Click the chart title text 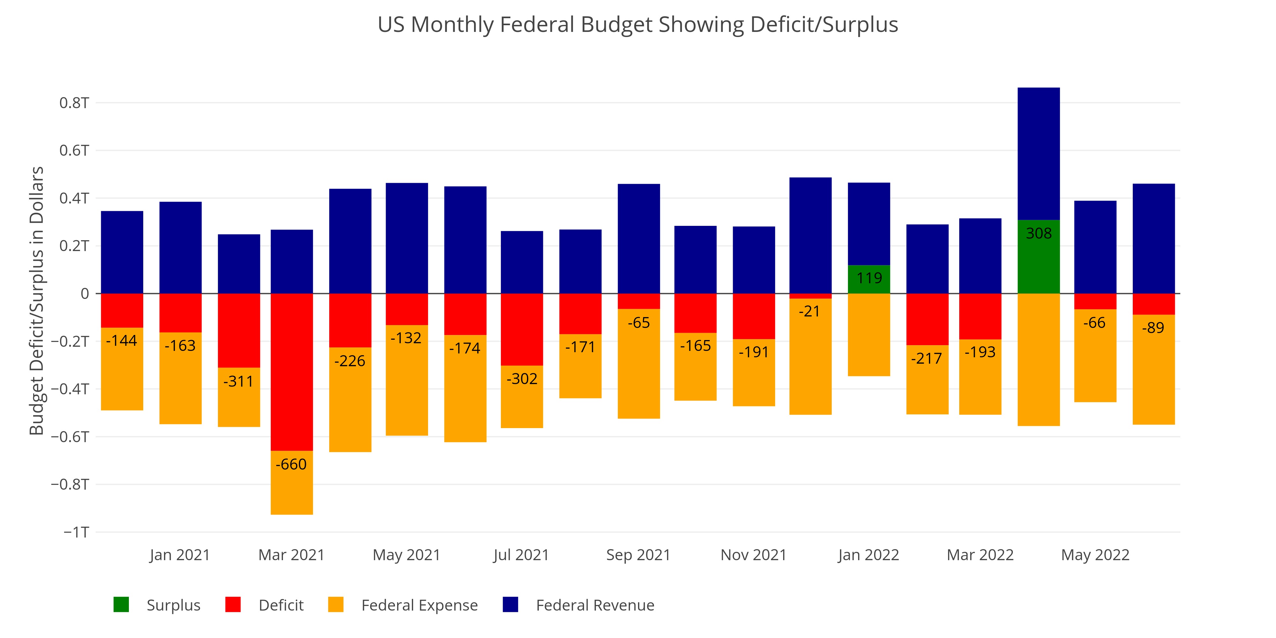637,25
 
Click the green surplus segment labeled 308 1038,256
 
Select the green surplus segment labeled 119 869,279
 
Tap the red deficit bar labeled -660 292,372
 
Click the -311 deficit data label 238,382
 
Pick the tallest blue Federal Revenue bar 1038,153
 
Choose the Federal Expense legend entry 403,605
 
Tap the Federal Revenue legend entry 579,605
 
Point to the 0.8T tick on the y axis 74,103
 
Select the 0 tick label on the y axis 85,294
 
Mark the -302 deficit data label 522,379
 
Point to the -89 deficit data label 1153,328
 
